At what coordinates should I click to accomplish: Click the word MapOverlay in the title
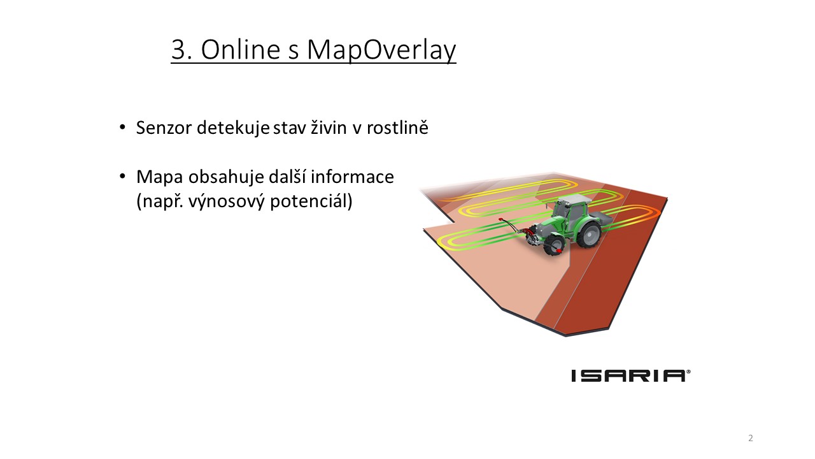pos(381,50)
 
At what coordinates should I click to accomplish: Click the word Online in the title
pos(241,49)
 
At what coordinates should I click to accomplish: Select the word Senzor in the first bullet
pos(164,128)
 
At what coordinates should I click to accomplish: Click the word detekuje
pos(233,128)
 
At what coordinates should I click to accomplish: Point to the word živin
pos(329,127)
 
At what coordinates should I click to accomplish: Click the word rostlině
pos(397,127)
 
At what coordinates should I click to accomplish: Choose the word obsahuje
pos(226,177)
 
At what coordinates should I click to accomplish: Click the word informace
pos(352,177)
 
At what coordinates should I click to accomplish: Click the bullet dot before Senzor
pos(123,127)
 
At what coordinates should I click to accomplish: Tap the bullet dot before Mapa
pos(123,177)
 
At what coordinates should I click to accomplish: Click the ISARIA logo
pos(631,375)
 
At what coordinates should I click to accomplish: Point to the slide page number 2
pos(750,438)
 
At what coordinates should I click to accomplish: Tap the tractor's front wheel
pos(554,245)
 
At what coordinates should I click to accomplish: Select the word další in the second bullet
pos(287,177)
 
